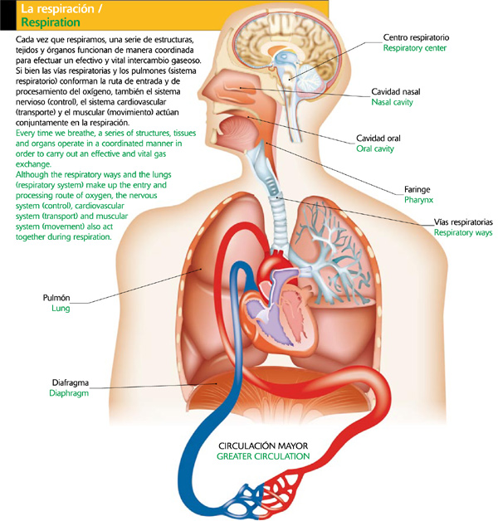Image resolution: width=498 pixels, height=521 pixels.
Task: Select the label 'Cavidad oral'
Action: click(x=378, y=138)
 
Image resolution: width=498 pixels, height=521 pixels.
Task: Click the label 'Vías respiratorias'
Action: click(x=463, y=223)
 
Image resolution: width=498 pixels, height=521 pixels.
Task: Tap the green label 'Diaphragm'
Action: click(x=69, y=394)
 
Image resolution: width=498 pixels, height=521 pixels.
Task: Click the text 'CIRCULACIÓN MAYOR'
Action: click(x=263, y=444)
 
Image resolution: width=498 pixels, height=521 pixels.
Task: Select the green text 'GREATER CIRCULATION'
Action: click(x=263, y=456)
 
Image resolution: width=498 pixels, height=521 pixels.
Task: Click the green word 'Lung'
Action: click(x=59, y=309)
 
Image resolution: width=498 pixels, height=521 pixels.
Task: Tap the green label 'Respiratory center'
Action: click(x=415, y=49)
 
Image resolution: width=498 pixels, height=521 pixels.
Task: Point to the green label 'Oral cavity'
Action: click(x=375, y=149)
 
